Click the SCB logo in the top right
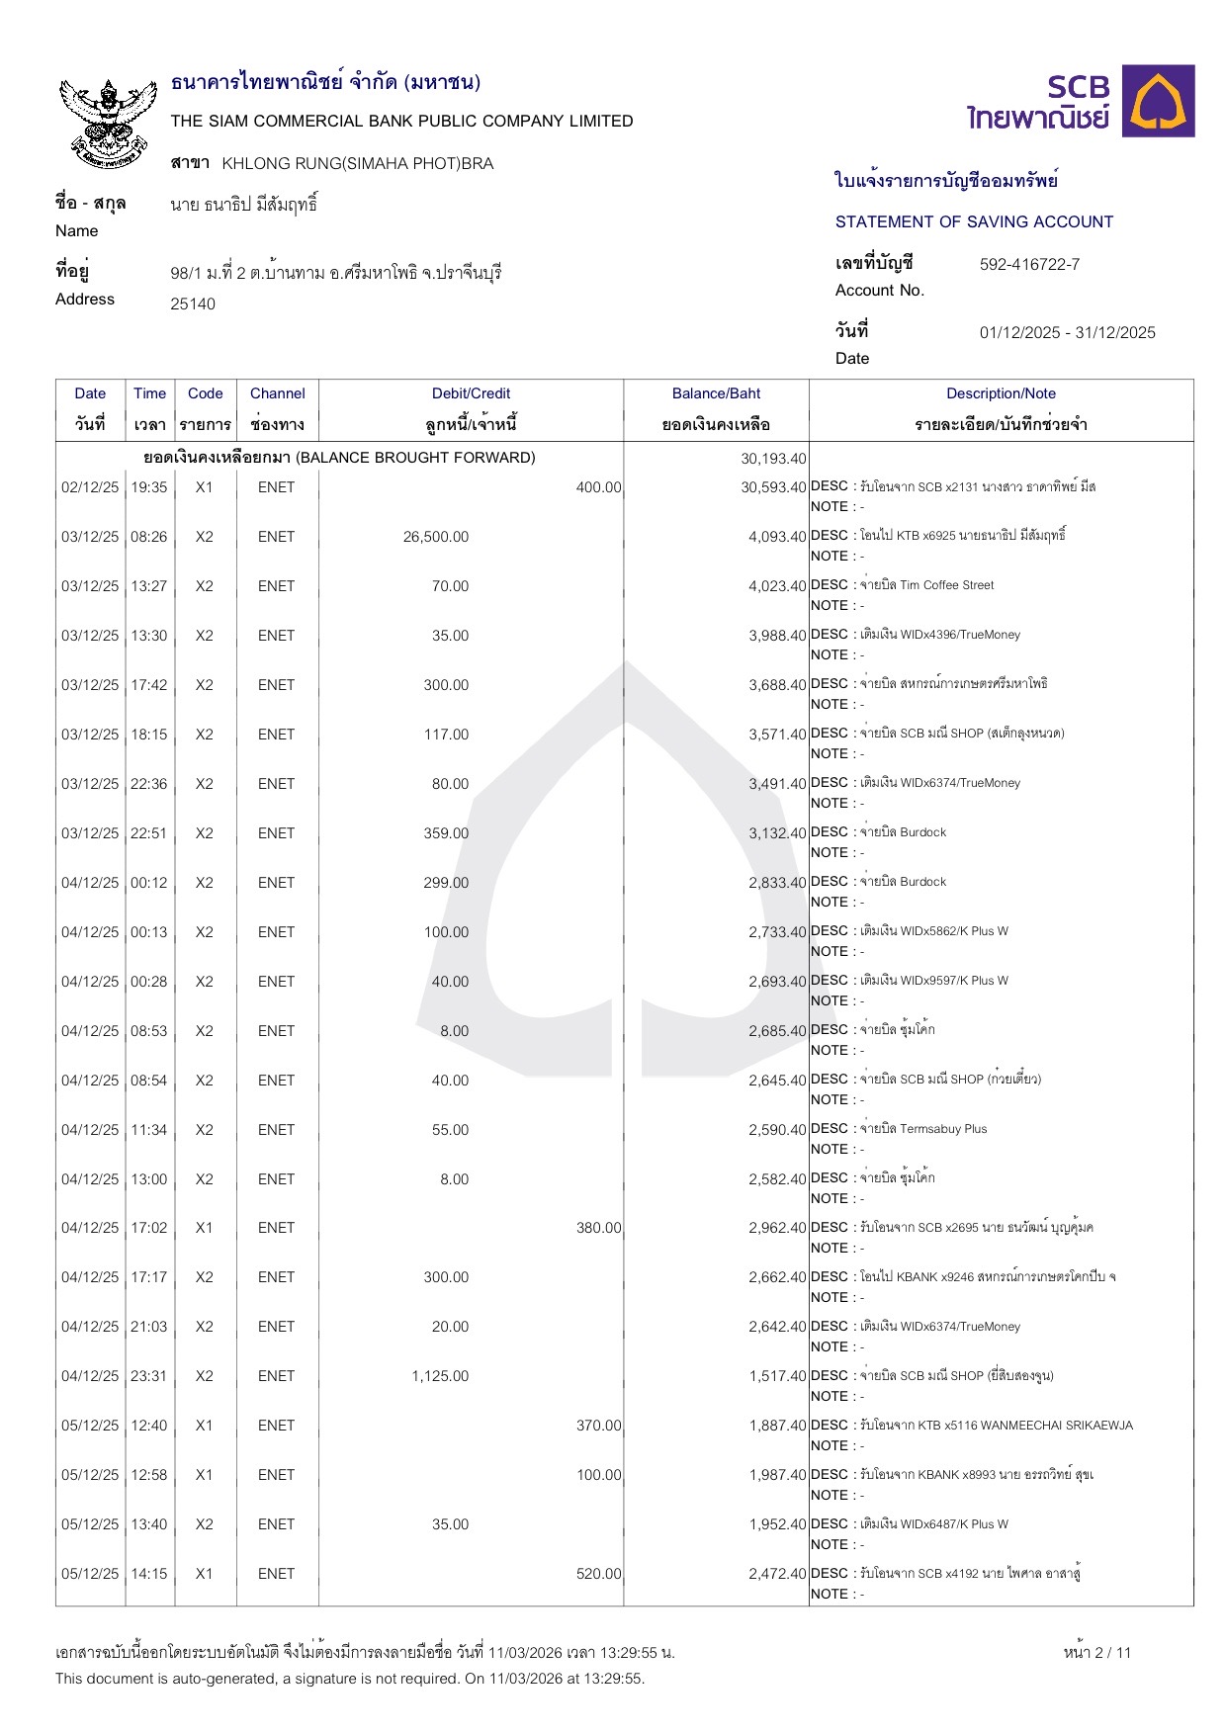(x=1081, y=102)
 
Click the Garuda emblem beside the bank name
(x=109, y=121)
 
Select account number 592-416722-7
(x=1029, y=264)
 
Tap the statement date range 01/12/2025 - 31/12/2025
(x=1067, y=332)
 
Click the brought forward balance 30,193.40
(x=773, y=459)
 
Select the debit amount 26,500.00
(x=436, y=537)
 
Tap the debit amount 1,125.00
(x=440, y=1376)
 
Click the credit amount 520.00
(x=599, y=1574)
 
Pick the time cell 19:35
(x=149, y=487)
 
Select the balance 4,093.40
(x=777, y=537)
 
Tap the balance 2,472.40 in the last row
(x=777, y=1574)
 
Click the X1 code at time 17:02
(x=204, y=1228)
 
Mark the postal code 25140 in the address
(x=193, y=304)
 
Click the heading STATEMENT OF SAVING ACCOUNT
(x=974, y=221)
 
